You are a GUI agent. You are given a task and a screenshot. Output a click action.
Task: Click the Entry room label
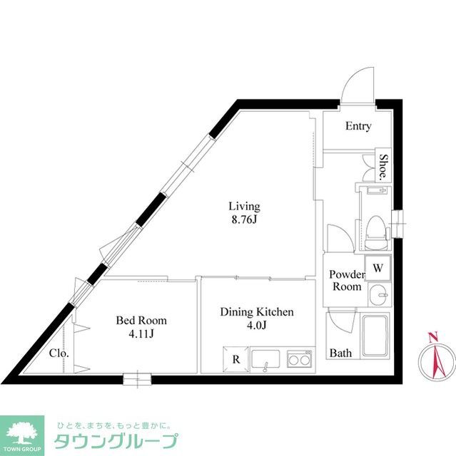(x=358, y=127)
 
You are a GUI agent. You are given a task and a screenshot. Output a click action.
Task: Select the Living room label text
(x=244, y=207)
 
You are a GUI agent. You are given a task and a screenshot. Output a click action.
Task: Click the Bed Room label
(x=141, y=321)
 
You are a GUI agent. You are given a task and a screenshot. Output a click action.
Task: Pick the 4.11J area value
(x=141, y=333)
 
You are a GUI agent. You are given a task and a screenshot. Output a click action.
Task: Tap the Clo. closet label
(x=59, y=353)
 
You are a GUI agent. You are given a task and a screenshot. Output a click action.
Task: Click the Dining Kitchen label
(x=256, y=312)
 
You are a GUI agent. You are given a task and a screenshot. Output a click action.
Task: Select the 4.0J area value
(x=256, y=326)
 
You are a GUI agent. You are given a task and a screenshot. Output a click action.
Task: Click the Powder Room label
(x=346, y=281)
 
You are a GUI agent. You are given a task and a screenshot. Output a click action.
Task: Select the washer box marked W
(x=378, y=269)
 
